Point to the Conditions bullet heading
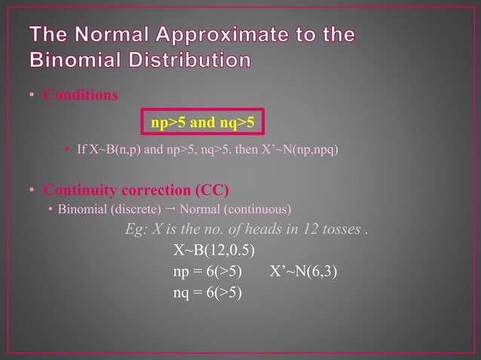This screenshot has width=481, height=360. pyautogui.click(x=80, y=96)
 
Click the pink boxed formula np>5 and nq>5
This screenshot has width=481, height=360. pyautogui.click(x=203, y=120)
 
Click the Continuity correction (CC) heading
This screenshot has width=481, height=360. pyautogui.click(x=136, y=188)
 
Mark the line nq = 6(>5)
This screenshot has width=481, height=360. pyautogui.click(x=208, y=292)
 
